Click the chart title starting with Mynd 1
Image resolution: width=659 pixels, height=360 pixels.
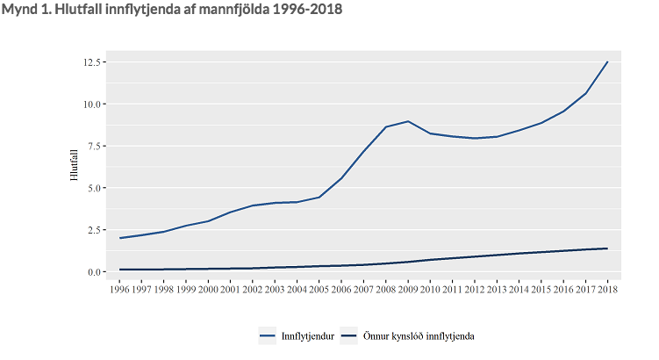pyautogui.click(x=173, y=10)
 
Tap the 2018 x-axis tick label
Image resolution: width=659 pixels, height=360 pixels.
pyautogui.click(x=607, y=288)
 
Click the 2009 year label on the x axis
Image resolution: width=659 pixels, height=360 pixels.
pyautogui.click(x=408, y=288)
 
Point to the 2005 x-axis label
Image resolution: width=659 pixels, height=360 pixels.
pyautogui.click(x=319, y=288)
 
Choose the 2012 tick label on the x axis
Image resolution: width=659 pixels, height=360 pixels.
pyautogui.click(x=475, y=288)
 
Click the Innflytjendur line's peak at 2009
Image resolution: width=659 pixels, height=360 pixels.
pyautogui.click(x=408, y=121)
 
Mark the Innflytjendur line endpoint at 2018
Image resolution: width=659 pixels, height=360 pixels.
pyautogui.click(x=607, y=62)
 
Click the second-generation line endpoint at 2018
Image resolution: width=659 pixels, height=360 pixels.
pyautogui.click(x=607, y=248)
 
